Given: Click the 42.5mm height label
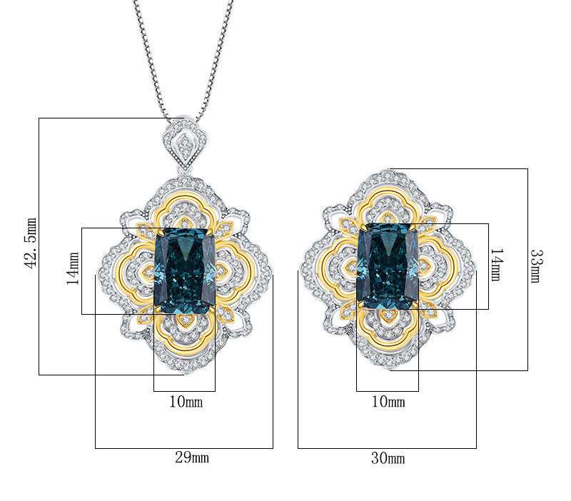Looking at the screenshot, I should coord(31,243).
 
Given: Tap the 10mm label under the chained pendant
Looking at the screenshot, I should coord(186,402).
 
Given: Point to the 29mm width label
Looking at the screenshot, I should coord(192,458).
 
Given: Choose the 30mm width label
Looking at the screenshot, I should coord(388,458).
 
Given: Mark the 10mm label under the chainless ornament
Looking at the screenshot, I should coord(388,402).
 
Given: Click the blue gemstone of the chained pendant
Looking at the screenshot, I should coord(185,271).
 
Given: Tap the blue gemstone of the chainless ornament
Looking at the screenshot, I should coord(388,265).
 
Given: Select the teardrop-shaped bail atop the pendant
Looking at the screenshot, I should coord(185,143).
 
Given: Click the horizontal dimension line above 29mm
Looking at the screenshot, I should coord(184,448).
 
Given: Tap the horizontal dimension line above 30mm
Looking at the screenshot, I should coord(387,448).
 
